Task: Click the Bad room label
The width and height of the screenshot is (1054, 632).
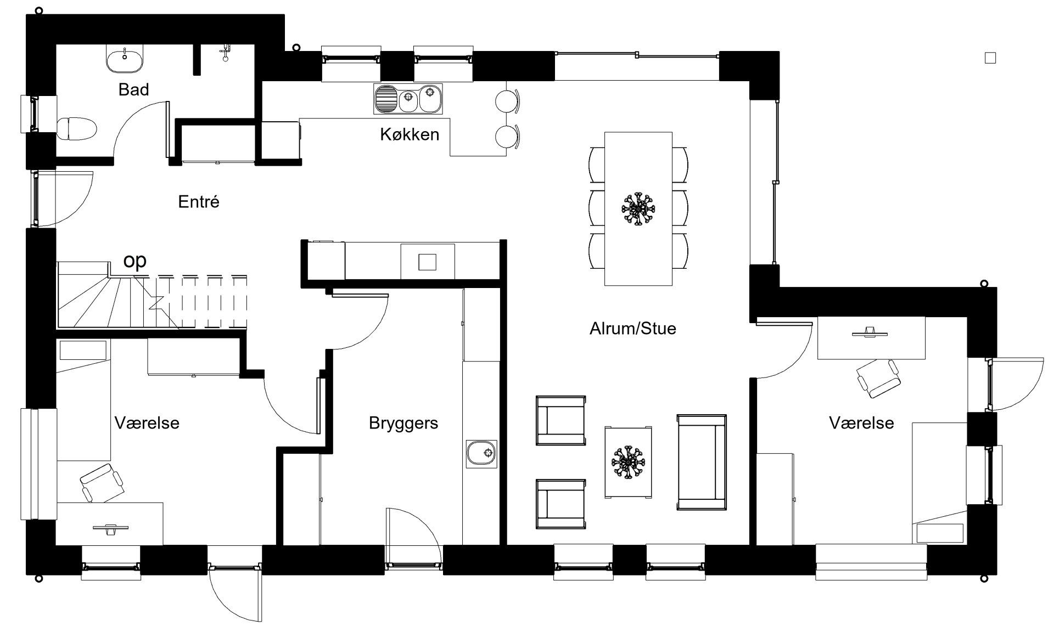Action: click(x=133, y=89)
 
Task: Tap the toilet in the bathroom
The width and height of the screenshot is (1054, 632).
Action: click(x=77, y=128)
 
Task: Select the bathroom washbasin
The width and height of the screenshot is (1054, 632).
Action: click(x=125, y=59)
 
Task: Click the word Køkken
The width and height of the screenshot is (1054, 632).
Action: click(x=410, y=134)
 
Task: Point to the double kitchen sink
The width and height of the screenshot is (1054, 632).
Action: click(x=408, y=99)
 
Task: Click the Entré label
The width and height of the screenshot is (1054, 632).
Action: click(x=199, y=202)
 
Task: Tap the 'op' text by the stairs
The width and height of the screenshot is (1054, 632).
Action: click(x=135, y=261)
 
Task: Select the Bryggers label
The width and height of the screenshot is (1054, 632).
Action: click(x=403, y=424)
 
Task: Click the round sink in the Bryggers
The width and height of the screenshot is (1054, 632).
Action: click(x=481, y=454)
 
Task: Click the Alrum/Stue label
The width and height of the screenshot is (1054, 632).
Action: click(x=632, y=329)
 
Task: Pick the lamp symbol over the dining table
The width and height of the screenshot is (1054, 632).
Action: click(x=638, y=208)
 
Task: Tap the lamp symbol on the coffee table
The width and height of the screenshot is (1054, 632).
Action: click(x=628, y=462)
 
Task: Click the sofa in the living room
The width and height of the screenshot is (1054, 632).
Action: click(x=702, y=462)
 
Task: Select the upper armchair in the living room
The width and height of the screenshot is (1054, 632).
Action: click(x=561, y=420)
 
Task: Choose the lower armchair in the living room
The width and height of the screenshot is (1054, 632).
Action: click(x=561, y=504)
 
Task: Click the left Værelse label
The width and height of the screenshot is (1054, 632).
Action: click(x=147, y=423)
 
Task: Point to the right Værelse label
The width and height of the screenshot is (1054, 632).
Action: click(x=861, y=423)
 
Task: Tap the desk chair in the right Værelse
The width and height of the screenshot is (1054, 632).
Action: click(x=878, y=378)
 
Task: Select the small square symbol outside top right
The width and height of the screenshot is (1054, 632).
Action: click(x=990, y=58)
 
